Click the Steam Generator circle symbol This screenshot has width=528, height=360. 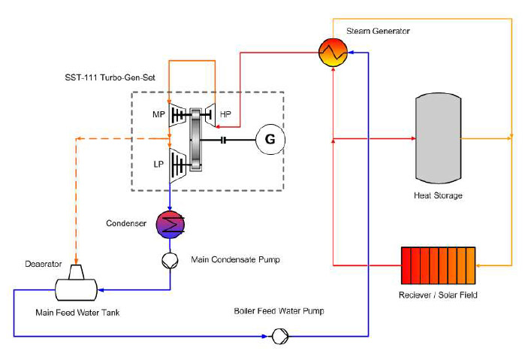[333, 53]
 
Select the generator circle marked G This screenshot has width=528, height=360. [270, 139]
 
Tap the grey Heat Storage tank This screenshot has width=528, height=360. [438, 138]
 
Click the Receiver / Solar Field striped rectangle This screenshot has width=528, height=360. [438, 265]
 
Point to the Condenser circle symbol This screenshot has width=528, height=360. [170, 224]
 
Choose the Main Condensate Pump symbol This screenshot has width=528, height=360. [170, 261]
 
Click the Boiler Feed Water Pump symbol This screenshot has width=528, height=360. [280, 336]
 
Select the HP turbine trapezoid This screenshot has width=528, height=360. [209, 115]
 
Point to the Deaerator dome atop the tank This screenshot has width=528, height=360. [77, 272]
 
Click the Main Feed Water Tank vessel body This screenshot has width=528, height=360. [76, 289]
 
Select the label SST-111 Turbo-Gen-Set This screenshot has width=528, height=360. [110, 77]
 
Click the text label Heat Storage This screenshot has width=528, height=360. [438, 195]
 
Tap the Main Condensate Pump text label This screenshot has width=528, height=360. [235, 259]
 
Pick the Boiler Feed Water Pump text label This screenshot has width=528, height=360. [279, 311]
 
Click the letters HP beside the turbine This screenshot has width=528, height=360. [225, 114]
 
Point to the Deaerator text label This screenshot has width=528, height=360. [44, 264]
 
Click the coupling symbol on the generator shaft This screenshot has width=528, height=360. [223, 140]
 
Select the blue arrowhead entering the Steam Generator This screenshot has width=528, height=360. [350, 53]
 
